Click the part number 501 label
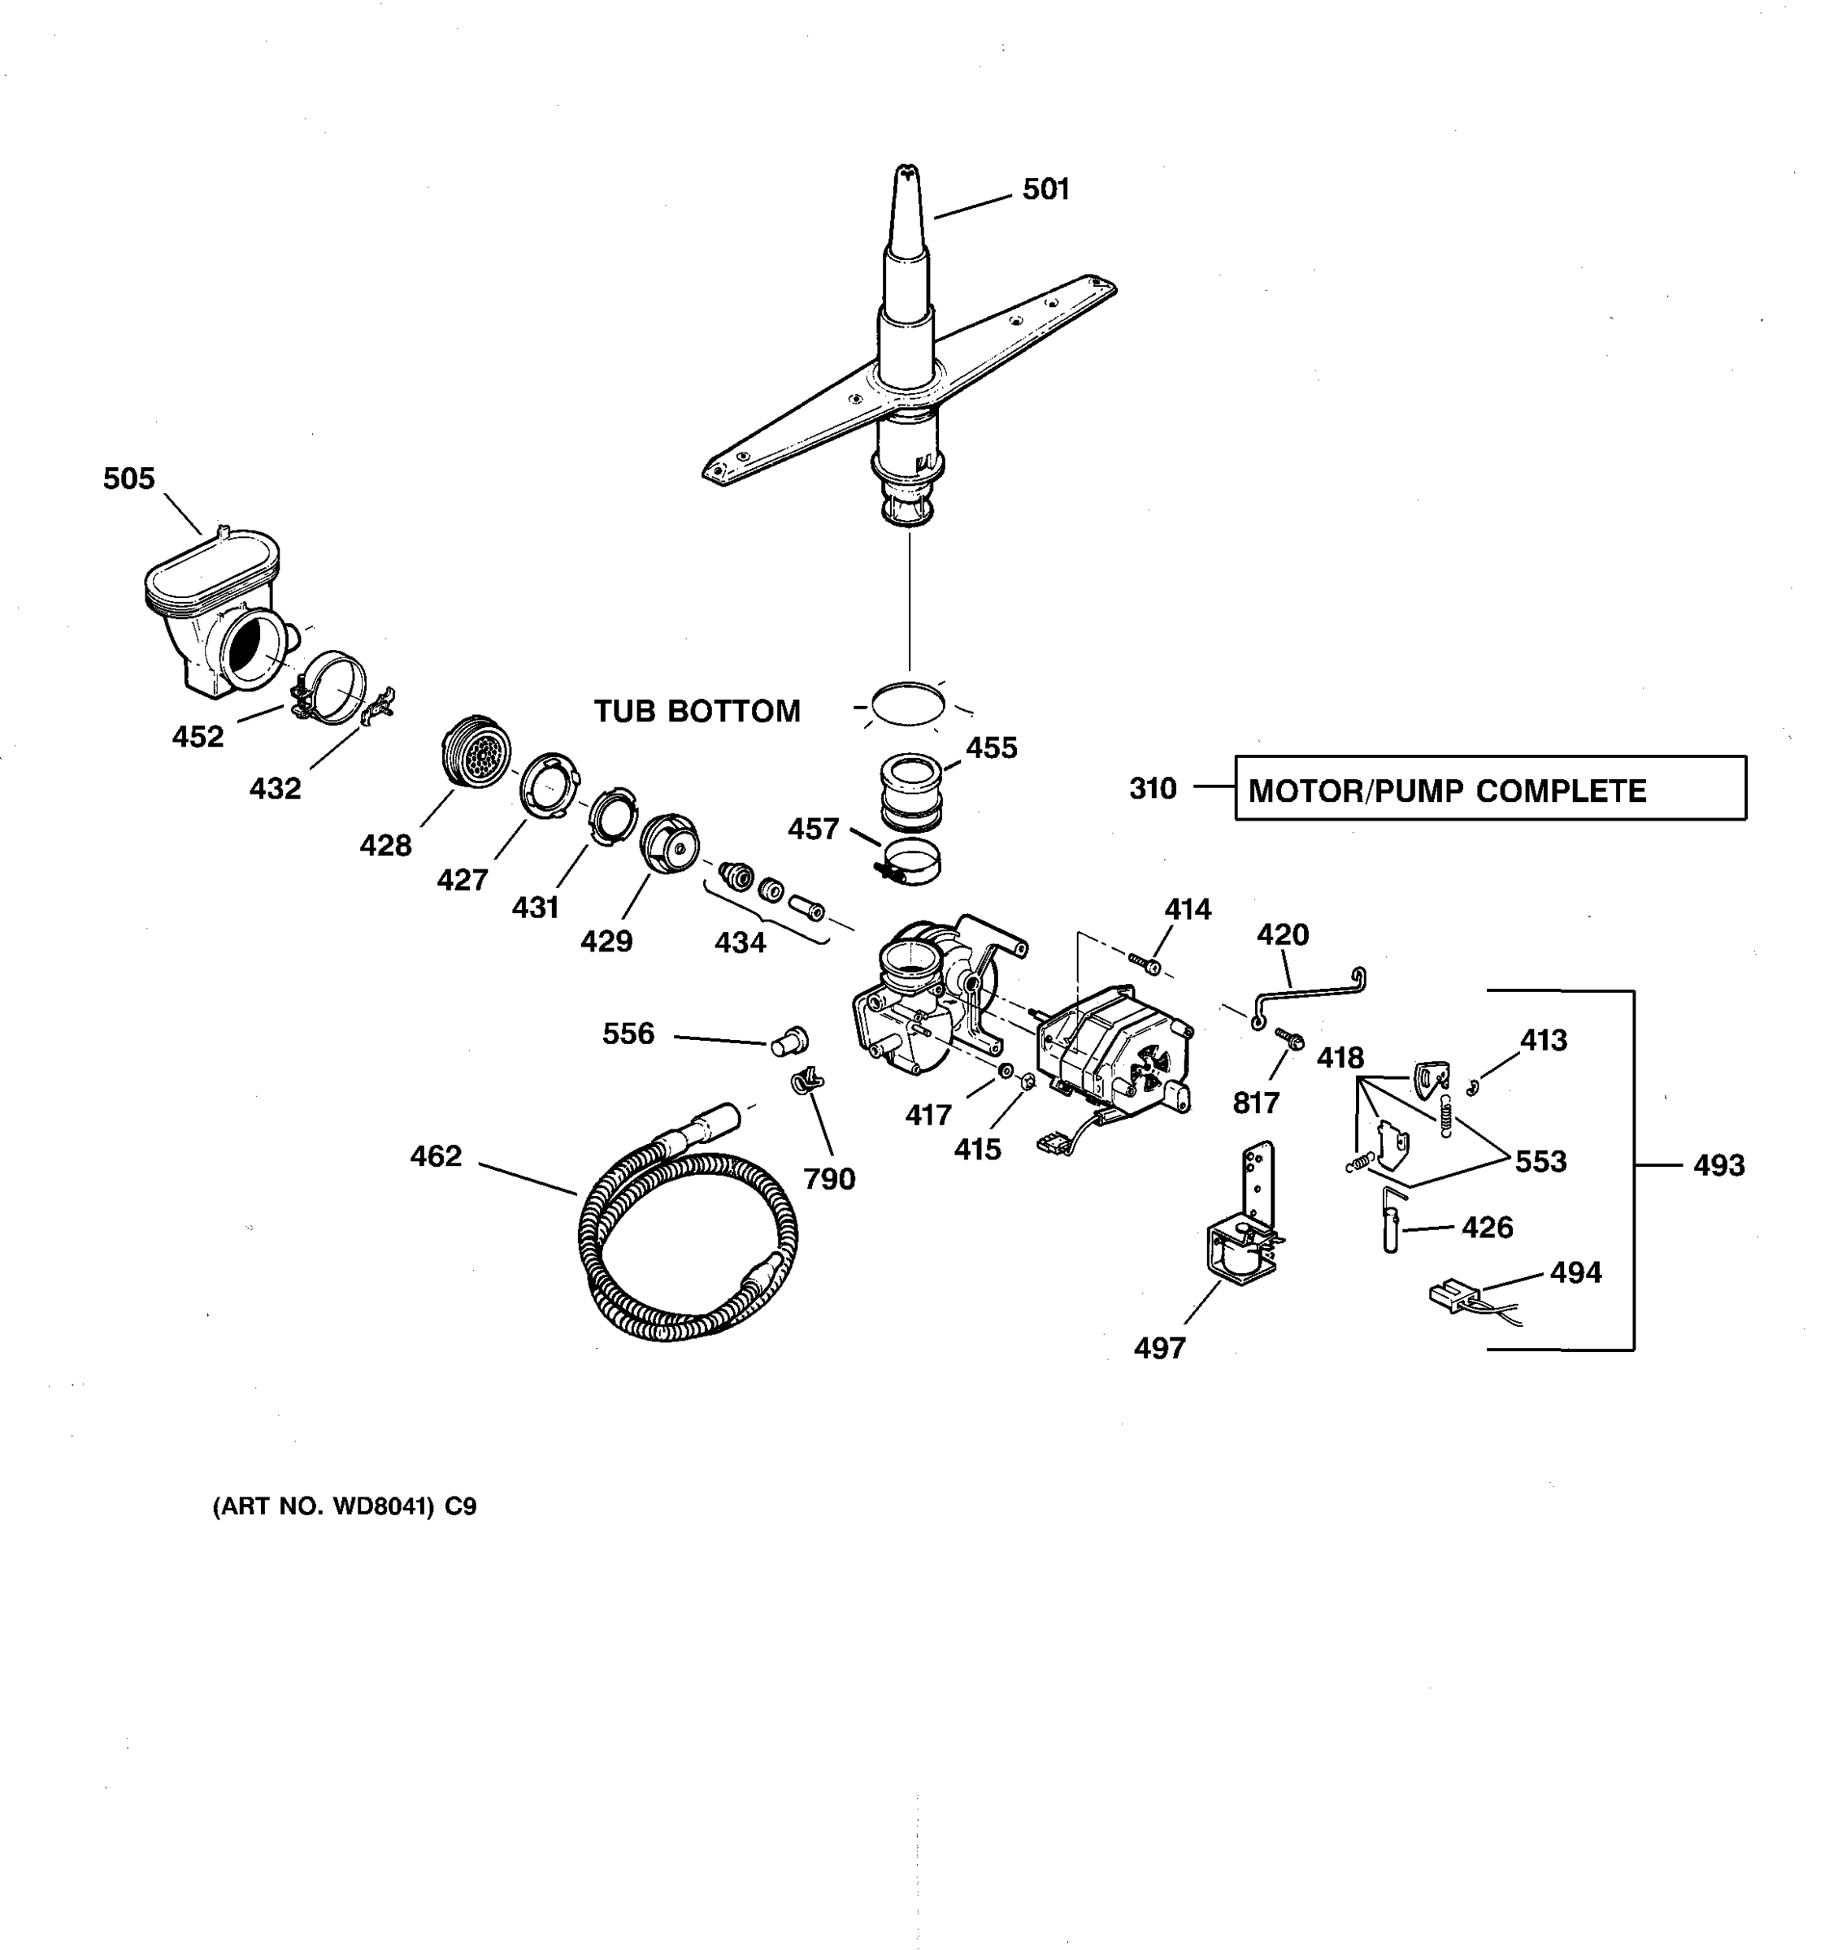tap(1045, 189)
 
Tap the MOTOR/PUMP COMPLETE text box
tap(1489, 789)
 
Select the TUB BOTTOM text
tap(697, 711)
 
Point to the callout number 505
tap(128, 479)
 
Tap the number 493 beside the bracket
tap(1718, 1165)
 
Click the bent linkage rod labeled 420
tap(1310, 993)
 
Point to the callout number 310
tap(1152, 789)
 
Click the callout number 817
tap(1256, 1103)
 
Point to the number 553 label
tap(1540, 1161)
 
